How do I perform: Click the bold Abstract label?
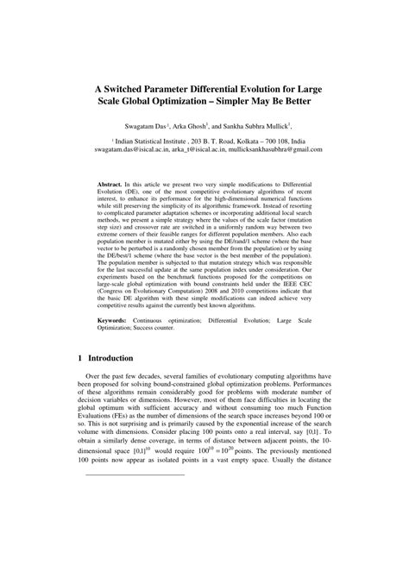coord(110,185)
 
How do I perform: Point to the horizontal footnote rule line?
coord(130,499)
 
